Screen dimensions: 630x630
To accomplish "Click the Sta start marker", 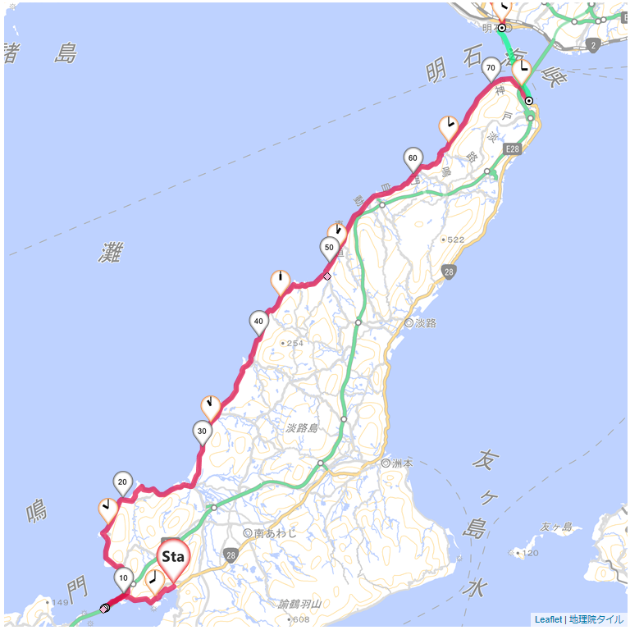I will point(173,557).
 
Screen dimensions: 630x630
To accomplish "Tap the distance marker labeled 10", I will point(123,577).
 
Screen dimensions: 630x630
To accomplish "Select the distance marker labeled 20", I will point(123,482).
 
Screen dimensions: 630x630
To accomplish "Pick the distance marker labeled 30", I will point(202,430).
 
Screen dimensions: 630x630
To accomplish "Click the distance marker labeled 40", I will point(258,321).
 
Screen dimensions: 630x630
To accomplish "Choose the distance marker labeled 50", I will point(329,247).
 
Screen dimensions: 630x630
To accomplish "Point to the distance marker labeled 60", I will point(413,157).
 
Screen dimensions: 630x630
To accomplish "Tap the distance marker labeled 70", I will point(491,67).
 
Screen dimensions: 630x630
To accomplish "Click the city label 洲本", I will point(403,463).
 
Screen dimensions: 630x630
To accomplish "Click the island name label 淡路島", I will point(302,427).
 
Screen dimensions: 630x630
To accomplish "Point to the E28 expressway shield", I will point(513,148).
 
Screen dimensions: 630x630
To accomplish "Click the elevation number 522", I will point(456,240).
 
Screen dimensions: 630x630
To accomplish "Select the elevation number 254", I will point(294,343).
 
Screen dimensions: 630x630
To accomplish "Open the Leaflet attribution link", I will point(548,619).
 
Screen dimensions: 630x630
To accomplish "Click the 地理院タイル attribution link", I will point(596,619).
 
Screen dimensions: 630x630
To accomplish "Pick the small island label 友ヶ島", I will point(555,527).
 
